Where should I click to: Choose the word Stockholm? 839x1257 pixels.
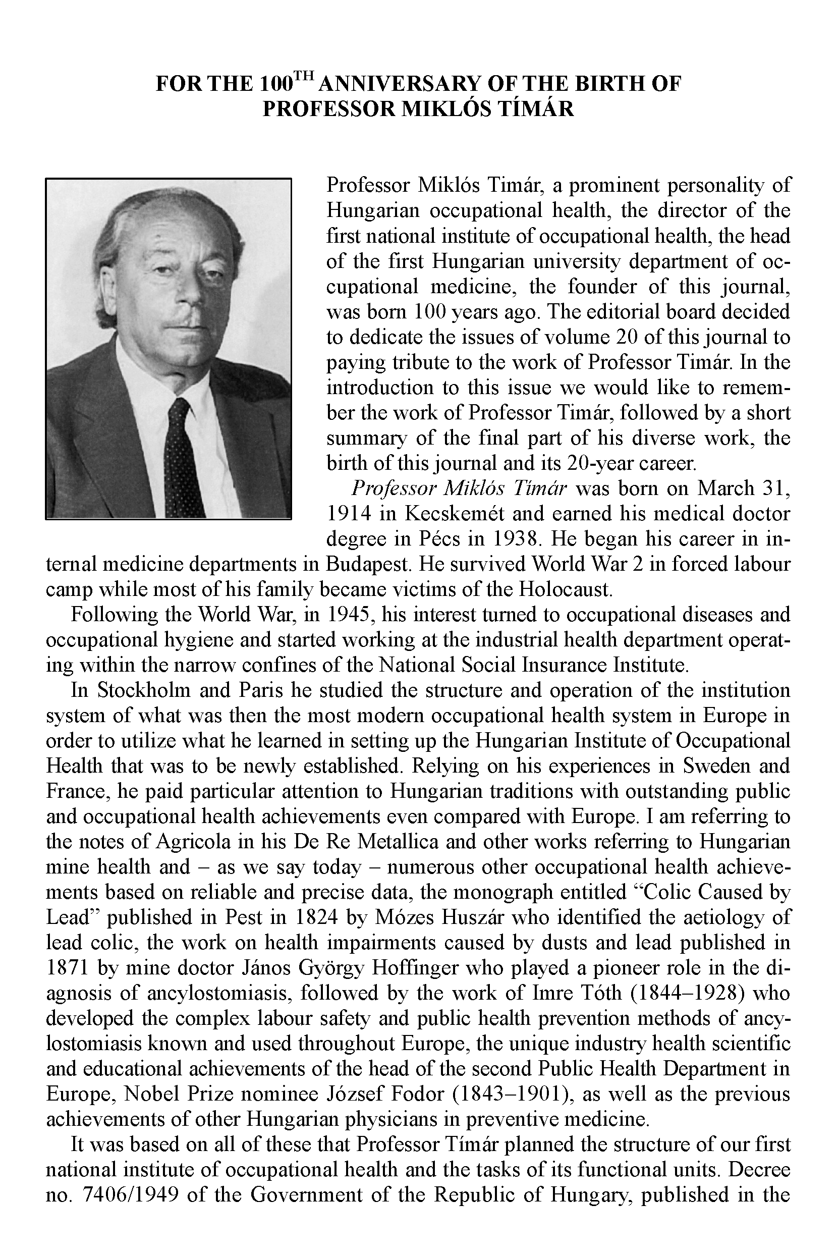pos(143,690)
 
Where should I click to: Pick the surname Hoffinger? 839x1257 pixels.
pos(461,968)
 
